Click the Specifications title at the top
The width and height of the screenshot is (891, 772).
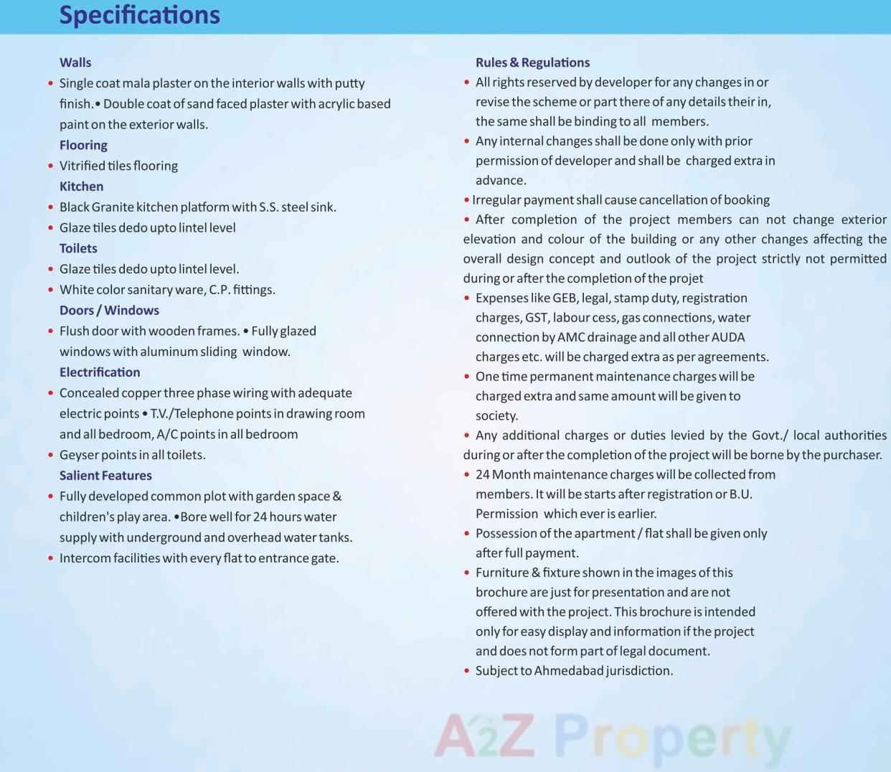point(139,15)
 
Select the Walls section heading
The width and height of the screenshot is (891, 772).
point(75,62)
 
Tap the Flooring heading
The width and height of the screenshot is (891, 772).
point(83,145)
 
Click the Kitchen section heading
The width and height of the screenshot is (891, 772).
point(81,187)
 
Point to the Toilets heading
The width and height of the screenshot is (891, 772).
point(78,248)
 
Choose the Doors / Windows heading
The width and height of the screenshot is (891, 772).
point(109,310)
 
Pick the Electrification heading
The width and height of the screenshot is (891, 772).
point(100,372)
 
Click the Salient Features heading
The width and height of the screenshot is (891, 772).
point(105,476)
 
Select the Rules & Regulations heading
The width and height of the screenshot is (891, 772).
point(532,62)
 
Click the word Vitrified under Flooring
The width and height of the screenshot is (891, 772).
point(82,166)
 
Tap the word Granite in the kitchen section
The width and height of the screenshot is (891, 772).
point(113,207)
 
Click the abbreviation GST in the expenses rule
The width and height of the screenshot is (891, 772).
point(536,318)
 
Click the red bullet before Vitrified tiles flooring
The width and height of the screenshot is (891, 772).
point(50,166)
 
